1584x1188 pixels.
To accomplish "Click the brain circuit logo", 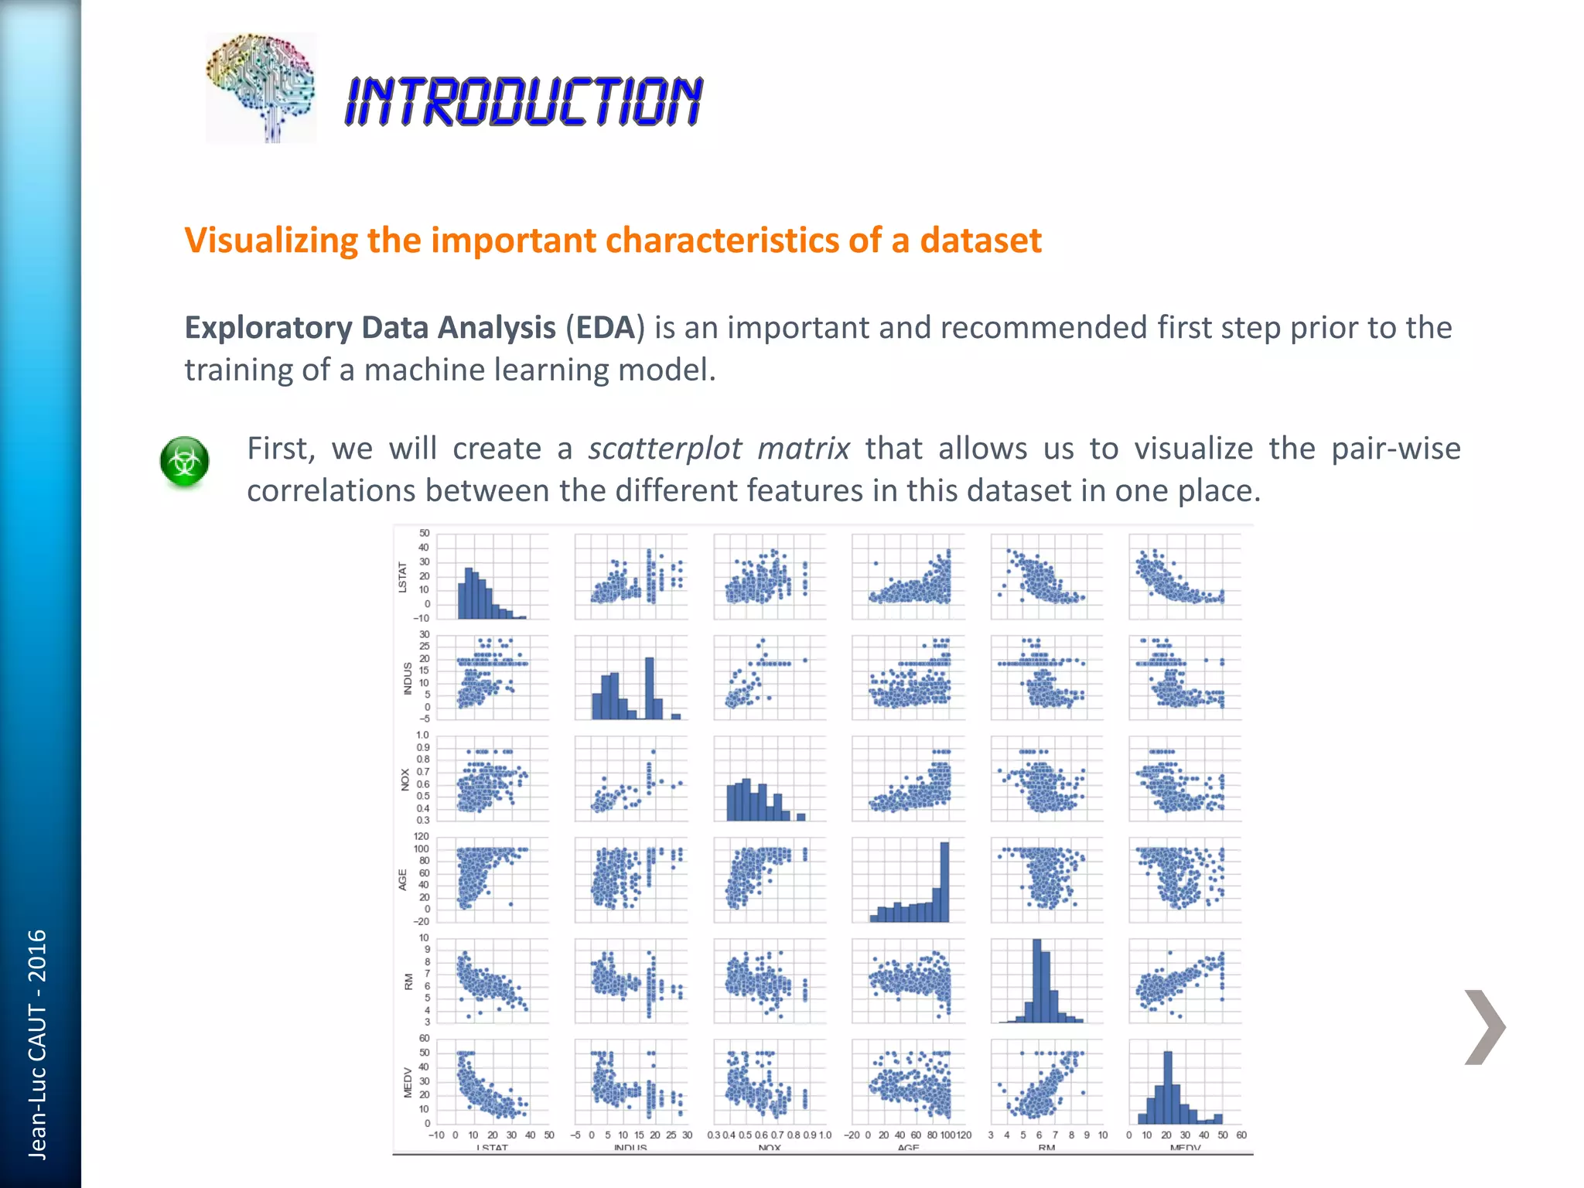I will (261, 87).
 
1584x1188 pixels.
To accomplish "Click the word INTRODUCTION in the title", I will (524, 101).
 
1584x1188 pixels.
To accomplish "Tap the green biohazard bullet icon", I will (185, 462).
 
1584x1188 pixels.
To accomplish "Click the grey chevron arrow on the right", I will (1484, 1026).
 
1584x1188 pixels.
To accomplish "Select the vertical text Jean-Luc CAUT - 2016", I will (37, 1044).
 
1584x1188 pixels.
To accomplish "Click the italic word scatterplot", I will (664, 449).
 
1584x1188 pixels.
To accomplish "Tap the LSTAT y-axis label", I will (402, 577).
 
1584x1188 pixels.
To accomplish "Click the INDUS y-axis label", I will (408, 678).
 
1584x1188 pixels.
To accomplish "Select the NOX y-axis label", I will (405, 779).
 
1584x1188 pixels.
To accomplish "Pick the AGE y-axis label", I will (403, 879).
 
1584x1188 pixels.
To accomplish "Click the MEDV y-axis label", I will (408, 1082).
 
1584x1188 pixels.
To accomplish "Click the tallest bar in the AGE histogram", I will (944, 882).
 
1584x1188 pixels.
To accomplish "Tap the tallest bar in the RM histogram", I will (1037, 981).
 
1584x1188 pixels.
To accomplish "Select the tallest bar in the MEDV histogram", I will (1168, 1087).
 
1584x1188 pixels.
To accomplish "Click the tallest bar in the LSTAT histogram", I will (468, 593).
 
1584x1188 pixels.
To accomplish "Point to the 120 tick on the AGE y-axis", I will (422, 836).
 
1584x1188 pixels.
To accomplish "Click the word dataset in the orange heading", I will (981, 241).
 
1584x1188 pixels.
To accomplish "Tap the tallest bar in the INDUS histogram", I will (650, 688).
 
